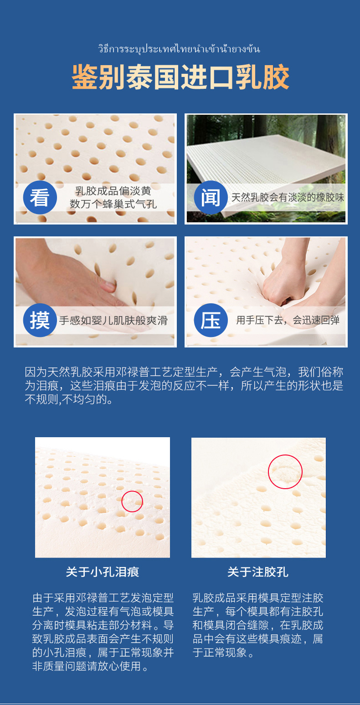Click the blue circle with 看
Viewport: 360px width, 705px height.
pos(40,197)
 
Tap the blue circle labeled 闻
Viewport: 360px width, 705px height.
pos(211,197)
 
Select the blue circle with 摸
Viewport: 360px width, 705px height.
pos(40,320)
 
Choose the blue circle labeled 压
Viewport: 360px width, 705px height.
pos(211,320)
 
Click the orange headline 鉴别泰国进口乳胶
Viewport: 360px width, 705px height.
pos(180,77)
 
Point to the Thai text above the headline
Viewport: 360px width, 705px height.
pos(179,49)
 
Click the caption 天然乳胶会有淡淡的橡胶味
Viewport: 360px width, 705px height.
pos(288,197)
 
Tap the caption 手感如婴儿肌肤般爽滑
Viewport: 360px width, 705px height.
pos(113,321)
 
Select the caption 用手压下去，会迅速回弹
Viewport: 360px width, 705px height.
pos(288,320)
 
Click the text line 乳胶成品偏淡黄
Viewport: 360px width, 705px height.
pos(113,191)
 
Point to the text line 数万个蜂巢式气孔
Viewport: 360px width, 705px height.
pos(113,204)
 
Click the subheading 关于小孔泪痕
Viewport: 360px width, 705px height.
pos(103,572)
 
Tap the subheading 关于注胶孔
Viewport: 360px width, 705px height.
pos(258,572)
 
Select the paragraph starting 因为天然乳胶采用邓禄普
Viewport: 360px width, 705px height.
pos(184,386)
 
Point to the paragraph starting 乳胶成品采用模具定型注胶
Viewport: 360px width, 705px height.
pos(258,625)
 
